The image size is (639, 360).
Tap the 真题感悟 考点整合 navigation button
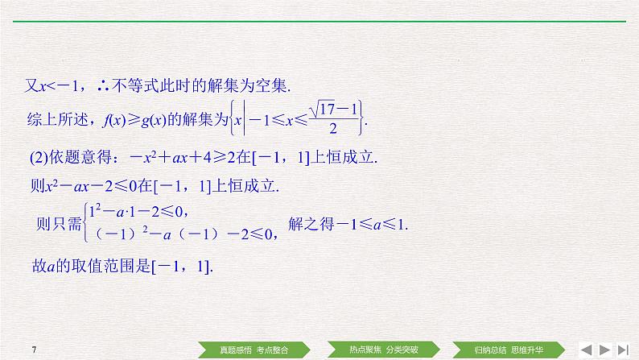point(254,350)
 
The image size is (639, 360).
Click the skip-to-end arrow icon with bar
point(622,349)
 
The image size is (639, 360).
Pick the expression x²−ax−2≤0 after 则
point(93,185)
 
